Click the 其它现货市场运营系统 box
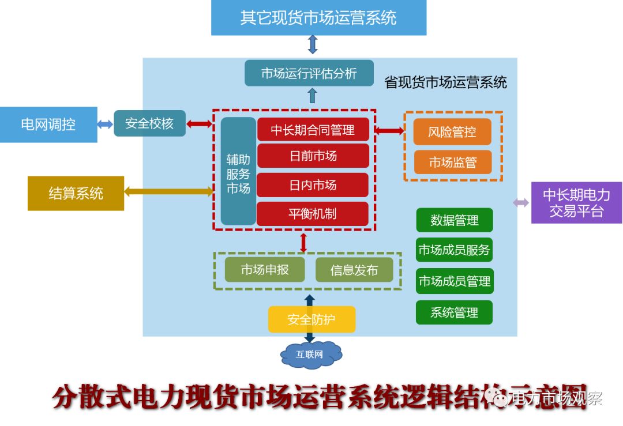(x=318, y=17)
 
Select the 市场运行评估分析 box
(x=309, y=73)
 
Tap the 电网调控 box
(x=48, y=124)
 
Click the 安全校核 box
(x=149, y=123)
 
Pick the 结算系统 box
(x=76, y=193)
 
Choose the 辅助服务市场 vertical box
(x=238, y=171)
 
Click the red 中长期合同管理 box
(x=313, y=129)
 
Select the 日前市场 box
(x=313, y=156)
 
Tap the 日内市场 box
(x=313, y=185)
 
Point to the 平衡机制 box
(x=313, y=214)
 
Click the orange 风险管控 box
(x=452, y=132)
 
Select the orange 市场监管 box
(x=453, y=163)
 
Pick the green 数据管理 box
(x=455, y=220)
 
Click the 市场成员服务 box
(x=455, y=250)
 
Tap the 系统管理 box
(x=455, y=312)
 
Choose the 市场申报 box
(x=265, y=270)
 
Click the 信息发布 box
(x=354, y=270)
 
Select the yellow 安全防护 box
(x=311, y=319)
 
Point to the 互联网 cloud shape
(x=310, y=354)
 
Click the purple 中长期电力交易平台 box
(x=576, y=202)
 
